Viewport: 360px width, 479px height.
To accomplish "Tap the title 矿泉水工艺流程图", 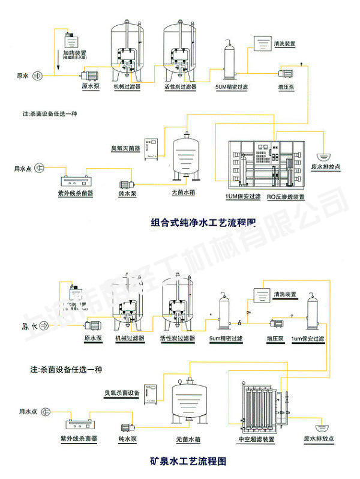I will click(x=188, y=462).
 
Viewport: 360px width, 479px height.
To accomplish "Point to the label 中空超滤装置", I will click(x=256, y=439).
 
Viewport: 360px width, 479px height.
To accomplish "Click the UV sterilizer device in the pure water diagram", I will click(x=78, y=179).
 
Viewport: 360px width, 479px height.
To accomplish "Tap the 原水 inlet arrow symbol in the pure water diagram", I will click(x=37, y=76).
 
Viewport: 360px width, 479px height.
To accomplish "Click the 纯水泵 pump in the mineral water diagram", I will click(x=127, y=428).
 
